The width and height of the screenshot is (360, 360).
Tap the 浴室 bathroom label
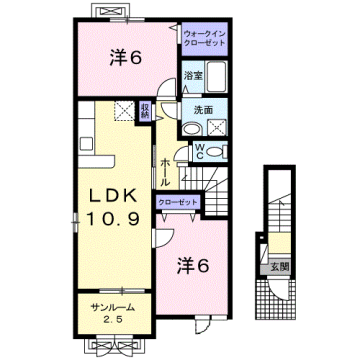[192, 76]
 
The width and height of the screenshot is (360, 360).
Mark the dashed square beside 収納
[123, 113]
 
